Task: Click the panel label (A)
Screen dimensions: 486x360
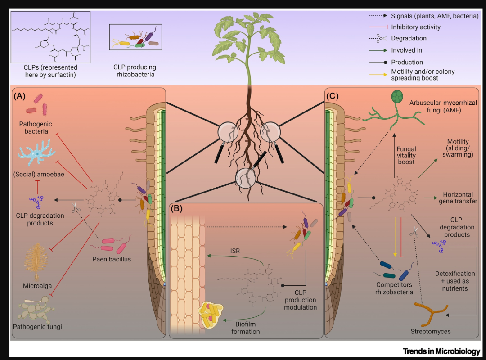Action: click(x=19, y=96)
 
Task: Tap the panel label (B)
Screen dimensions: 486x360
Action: click(x=177, y=208)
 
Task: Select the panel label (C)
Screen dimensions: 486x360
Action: click(x=333, y=96)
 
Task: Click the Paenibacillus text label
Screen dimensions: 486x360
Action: click(x=112, y=259)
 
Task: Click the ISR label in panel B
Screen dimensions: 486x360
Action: click(x=235, y=251)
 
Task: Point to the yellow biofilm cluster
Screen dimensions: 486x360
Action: click(x=211, y=315)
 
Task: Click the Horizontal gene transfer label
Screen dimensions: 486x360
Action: click(x=458, y=198)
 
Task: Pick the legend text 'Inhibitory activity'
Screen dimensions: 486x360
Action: click(x=416, y=27)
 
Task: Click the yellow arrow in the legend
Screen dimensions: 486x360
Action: click(x=378, y=74)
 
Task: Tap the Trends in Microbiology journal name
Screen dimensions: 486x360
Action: click(x=441, y=351)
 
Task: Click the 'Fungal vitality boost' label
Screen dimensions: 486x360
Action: click(x=406, y=155)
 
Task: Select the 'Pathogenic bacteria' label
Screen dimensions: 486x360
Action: click(x=36, y=127)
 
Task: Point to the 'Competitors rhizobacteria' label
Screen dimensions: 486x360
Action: click(x=394, y=288)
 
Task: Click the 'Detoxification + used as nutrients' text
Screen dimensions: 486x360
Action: click(x=454, y=281)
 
